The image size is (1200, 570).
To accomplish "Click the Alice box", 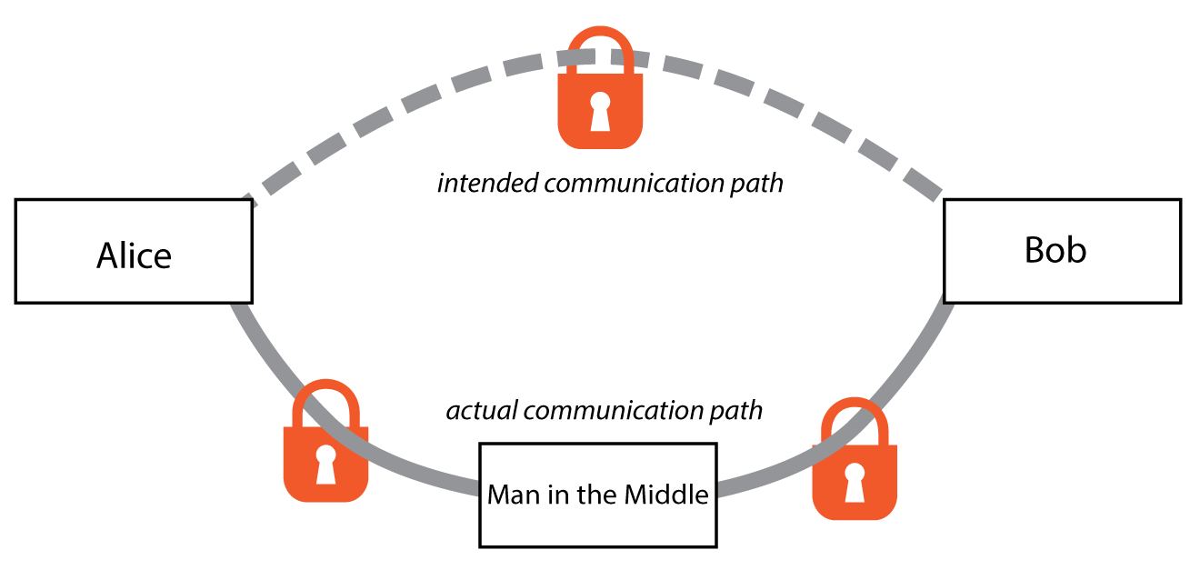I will pyautogui.click(x=134, y=251).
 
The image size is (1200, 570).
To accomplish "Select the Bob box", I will pyautogui.click(x=1062, y=251).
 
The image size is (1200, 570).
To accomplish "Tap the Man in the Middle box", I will pyautogui.click(x=598, y=495).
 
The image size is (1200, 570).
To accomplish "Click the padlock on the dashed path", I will pyautogui.click(x=600, y=100).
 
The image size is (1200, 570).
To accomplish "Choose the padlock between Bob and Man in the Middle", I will pyautogui.click(x=854, y=471).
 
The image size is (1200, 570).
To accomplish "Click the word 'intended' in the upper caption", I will pyautogui.click(x=477, y=184).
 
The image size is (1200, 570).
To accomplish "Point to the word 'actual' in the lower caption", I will pyautogui.click(x=482, y=411).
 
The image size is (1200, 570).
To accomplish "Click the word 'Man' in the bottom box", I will pyautogui.click(x=512, y=495).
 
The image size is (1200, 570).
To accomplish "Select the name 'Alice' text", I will pyautogui.click(x=134, y=255).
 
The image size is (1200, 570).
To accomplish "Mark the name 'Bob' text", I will pyautogui.click(x=1055, y=250).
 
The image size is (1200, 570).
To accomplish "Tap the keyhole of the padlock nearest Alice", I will pyautogui.click(x=325, y=464).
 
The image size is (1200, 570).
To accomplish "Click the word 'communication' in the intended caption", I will pyautogui.click(x=619, y=184).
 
